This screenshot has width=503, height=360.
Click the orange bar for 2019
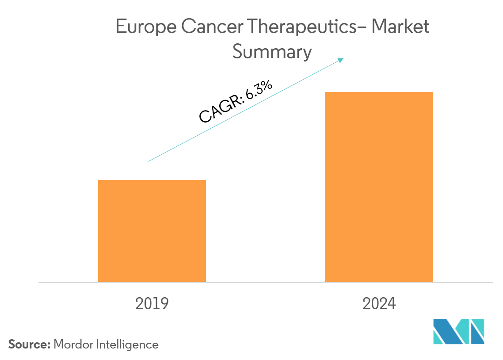coord(152,231)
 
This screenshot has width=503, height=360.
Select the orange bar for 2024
coord(379,187)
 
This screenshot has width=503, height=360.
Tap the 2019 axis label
coord(152,304)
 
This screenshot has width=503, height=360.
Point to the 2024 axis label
coord(379,304)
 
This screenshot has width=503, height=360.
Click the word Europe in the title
coord(142,27)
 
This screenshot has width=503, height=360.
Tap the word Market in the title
coord(400,27)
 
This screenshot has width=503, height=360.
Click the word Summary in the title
coord(272,53)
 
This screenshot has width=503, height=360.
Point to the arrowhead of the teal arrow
coord(342,59)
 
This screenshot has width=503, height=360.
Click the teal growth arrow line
coord(245,110)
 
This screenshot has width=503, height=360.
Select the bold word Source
coord(29,345)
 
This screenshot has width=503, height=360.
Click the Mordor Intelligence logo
coord(459,331)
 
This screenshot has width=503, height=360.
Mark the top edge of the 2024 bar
coord(379,92)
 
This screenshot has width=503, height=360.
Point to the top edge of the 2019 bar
coord(152,180)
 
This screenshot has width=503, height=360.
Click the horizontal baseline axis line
coord(265,282)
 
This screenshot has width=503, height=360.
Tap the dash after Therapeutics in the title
coord(363,27)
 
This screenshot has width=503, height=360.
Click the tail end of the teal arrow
coord(149,161)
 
